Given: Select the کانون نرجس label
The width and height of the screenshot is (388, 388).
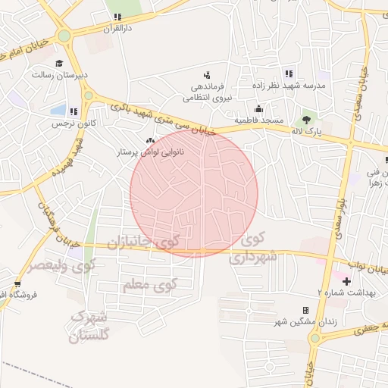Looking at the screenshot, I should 55,123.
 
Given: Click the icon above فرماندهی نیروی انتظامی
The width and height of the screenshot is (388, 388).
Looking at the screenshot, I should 206,74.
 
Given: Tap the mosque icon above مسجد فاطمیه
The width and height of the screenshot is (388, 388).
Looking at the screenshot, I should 259,108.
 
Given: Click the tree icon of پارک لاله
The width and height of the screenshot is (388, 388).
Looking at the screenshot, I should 307,119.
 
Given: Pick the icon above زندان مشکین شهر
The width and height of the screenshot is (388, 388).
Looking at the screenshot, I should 305,310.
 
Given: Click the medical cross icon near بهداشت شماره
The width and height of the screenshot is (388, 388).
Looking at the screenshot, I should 346,282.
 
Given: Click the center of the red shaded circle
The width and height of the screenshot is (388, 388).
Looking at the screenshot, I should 194,192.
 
